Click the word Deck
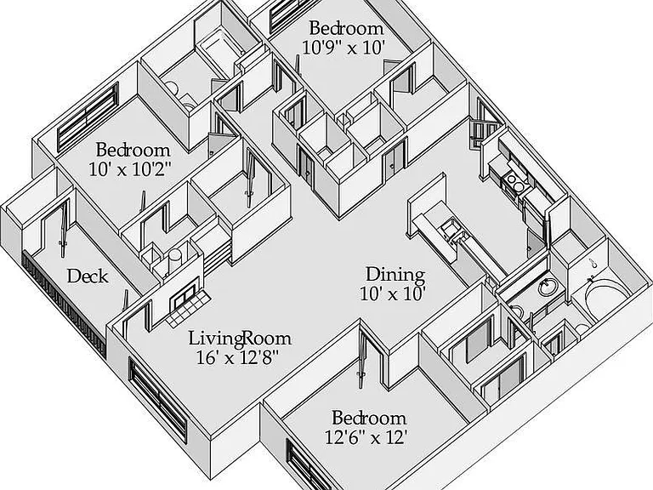88,276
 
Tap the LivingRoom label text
240,338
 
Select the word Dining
395,275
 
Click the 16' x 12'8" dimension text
237,357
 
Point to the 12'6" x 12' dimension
366,437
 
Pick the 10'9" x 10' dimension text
342,48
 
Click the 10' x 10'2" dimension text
130,169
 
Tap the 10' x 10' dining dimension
392,294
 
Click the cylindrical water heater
174,262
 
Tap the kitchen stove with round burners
514,183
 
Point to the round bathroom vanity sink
547,288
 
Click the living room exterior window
158,399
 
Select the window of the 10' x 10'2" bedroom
88,117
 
